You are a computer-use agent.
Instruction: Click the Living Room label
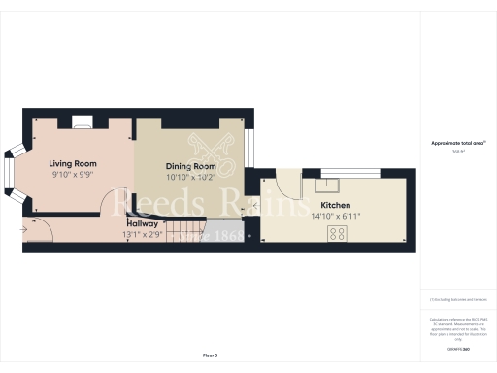click(74, 164)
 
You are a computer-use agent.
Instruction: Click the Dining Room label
click(189, 166)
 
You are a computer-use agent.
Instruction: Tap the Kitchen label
click(336, 206)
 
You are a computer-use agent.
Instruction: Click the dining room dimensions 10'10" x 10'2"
click(189, 178)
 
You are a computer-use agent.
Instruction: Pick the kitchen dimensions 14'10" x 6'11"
click(336, 217)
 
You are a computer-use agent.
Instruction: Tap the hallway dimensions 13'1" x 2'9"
click(143, 234)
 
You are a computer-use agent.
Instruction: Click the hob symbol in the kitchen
click(338, 233)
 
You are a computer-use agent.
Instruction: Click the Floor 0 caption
click(211, 356)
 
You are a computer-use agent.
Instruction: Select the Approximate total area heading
click(458, 143)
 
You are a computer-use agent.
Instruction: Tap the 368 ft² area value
click(458, 152)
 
